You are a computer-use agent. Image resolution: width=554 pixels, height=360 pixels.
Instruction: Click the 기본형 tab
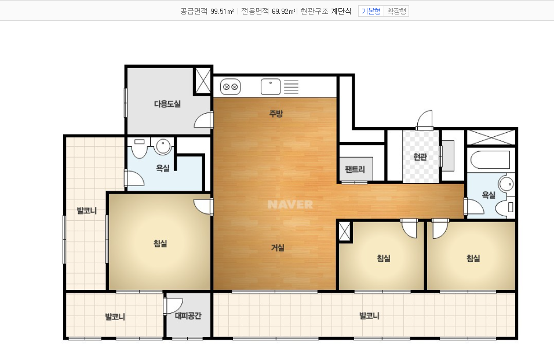pos(371,12)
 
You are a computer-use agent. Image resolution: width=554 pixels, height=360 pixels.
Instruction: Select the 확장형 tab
pos(396,12)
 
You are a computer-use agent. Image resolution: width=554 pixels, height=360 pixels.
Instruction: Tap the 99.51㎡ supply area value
pos(222,12)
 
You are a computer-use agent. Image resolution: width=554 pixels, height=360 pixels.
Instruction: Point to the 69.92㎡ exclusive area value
pos(284,12)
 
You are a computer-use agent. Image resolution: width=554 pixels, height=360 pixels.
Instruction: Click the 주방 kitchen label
pos(276,114)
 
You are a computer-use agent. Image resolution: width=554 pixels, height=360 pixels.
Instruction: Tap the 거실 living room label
pos(278,248)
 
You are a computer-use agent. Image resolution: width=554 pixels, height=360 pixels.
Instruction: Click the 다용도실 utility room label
pos(167,104)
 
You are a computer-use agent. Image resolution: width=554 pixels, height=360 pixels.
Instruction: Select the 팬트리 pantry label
pos(355,169)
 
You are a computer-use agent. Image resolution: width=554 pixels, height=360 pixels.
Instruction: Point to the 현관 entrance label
pos(420,157)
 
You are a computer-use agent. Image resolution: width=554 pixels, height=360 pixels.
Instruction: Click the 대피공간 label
pos(188,315)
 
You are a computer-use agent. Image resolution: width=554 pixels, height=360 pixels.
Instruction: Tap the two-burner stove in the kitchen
pos(231,87)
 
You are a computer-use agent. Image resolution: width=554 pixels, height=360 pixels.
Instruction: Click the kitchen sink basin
pos(271,87)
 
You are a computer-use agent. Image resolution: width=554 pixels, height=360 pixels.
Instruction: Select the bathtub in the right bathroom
pos(490,160)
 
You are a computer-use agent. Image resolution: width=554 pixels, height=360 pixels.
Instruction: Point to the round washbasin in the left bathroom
pos(163,146)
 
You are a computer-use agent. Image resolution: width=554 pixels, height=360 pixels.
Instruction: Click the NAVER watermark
pos(290,204)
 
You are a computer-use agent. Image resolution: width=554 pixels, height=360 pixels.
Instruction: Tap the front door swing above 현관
pos(425,120)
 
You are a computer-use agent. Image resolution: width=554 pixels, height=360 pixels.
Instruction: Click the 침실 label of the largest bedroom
pos(160,243)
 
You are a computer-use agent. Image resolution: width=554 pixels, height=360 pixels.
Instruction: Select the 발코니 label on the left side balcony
pos(86,211)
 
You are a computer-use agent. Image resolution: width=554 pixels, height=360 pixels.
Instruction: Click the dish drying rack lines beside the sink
pos(291,87)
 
